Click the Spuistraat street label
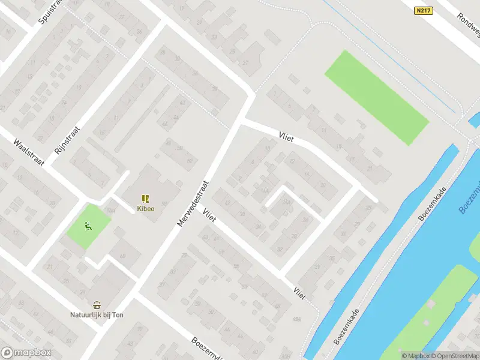tap(50, 11)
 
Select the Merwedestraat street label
tap(192, 204)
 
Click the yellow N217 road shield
tap(424, 11)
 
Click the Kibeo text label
tap(145, 209)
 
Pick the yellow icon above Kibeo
tap(145, 199)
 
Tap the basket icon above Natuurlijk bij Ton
tap(96, 304)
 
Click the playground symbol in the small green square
tap(88, 226)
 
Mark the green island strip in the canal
tap(429, 315)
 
